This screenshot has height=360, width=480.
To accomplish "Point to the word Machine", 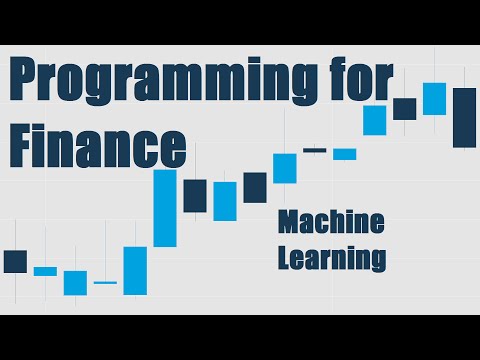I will click(331, 221).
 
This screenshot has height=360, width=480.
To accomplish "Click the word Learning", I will click(331, 256).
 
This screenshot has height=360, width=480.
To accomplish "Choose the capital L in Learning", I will click(285, 256).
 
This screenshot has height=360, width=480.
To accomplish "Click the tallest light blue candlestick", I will click(165, 208).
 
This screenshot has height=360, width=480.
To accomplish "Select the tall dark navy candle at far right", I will click(464, 118).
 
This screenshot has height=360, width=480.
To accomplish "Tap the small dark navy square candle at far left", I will click(15, 261).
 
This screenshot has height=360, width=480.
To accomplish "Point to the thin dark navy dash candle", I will click(315, 150).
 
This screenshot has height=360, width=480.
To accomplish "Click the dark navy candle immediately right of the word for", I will click(404, 108).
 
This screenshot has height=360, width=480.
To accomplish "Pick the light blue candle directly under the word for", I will click(375, 120).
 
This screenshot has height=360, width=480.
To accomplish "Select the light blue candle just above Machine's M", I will click(285, 168).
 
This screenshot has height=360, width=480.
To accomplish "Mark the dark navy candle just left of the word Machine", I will click(255, 187).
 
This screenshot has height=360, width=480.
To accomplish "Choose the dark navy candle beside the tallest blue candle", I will click(195, 195).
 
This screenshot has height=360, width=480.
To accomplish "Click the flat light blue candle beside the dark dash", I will click(345, 154).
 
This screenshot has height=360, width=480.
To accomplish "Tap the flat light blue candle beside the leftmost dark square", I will click(45, 271).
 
